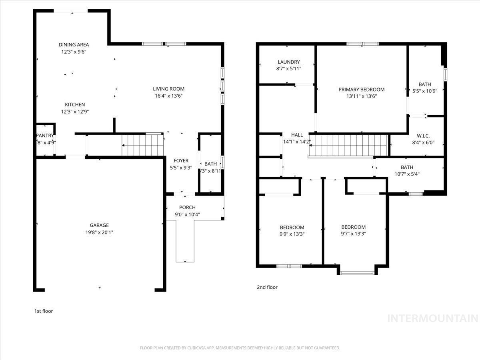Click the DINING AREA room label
point(74,45)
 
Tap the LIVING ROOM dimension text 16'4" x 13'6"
point(168,96)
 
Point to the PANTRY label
point(45,136)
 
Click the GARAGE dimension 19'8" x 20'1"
point(99,232)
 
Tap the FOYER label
point(181,161)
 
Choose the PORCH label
point(187,207)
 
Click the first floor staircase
point(143,145)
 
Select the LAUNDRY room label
point(288,62)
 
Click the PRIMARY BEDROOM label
point(361,90)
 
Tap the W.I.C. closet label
point(422,136)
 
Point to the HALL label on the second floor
point(297,135)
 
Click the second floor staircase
point(348,145)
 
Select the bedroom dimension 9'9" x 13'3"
point(292,234)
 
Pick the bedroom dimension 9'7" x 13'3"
point(353,234)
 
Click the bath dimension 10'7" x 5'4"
point(407,174)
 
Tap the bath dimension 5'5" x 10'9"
point(425,91)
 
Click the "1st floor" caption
point(43,311)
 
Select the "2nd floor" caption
point(267,287)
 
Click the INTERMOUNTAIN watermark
point(433,319)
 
